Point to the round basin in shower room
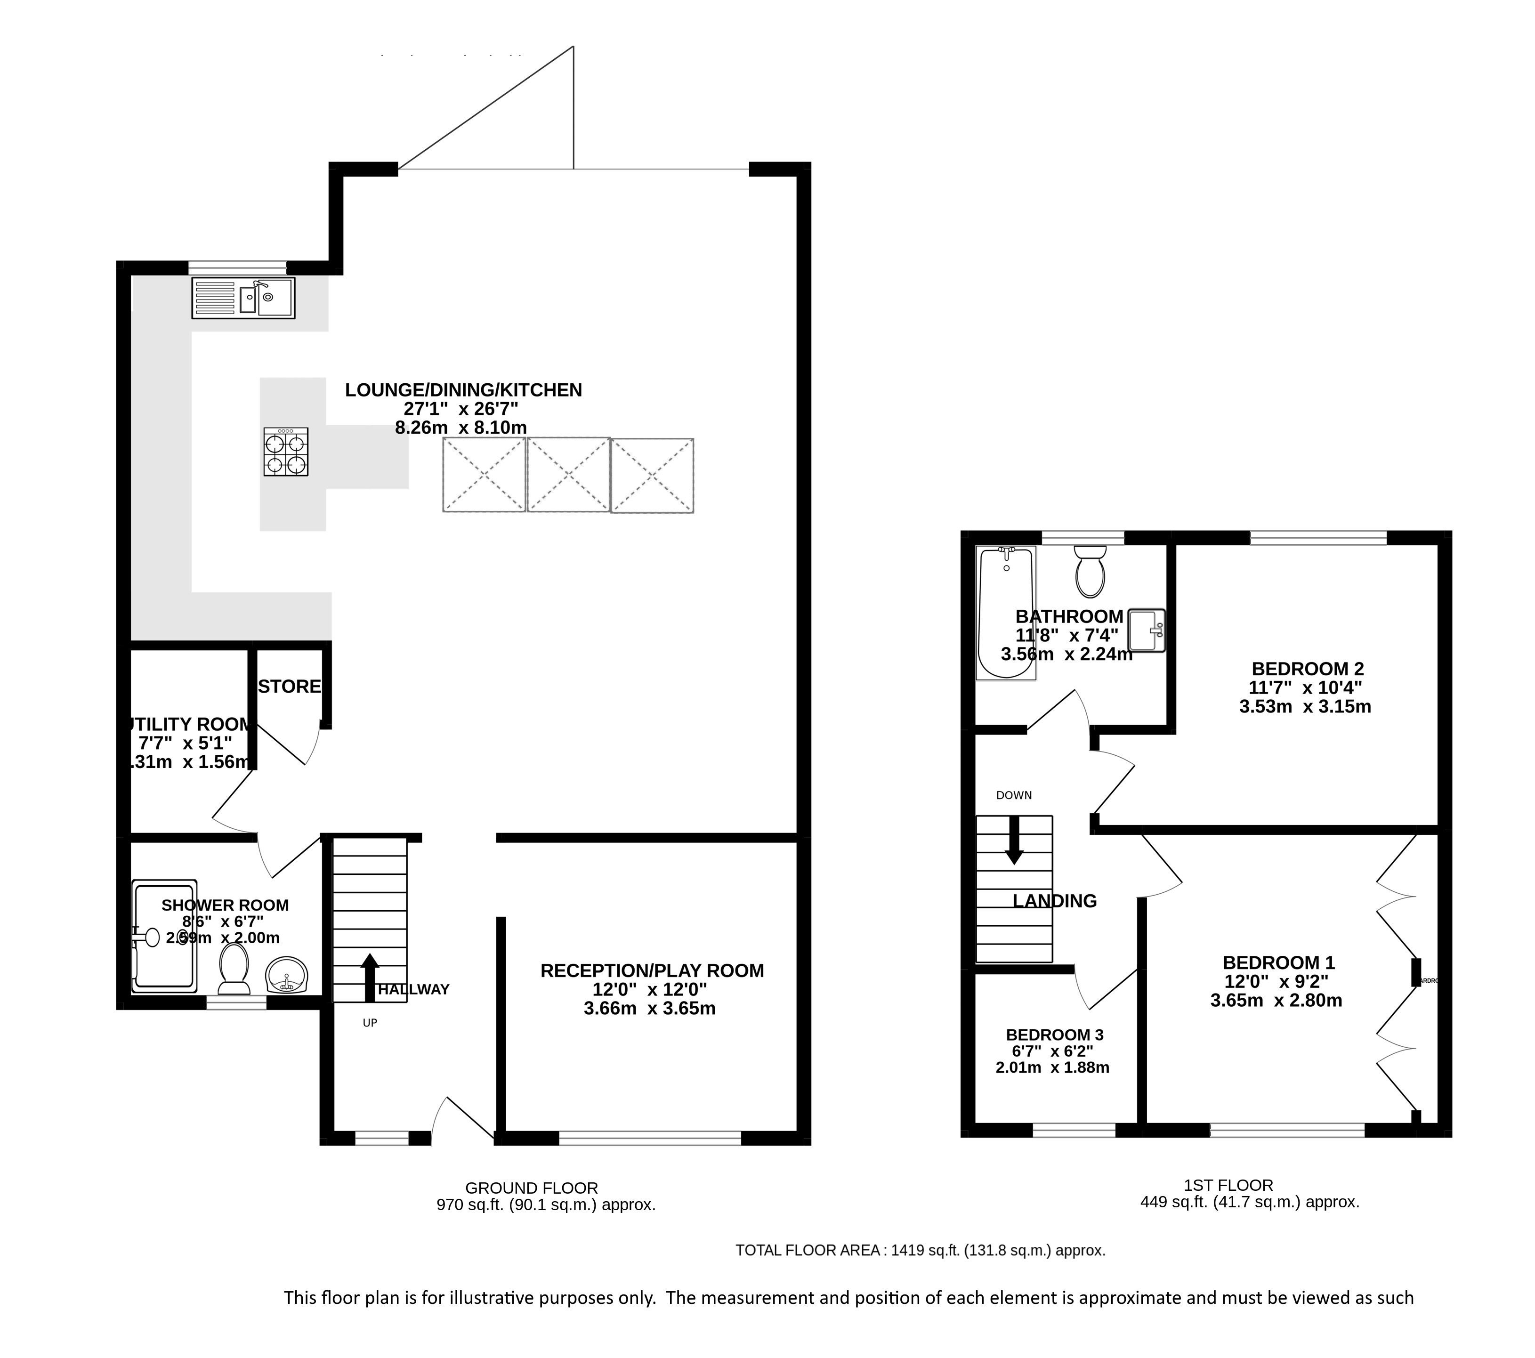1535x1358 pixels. click(286, 975)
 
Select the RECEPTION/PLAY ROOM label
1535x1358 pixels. click(652, 970)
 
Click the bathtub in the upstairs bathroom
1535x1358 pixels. click(1006, 612)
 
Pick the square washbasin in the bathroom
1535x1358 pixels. click(1146, 630)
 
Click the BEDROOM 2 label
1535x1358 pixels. click(1307, 669)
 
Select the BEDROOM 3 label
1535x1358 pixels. click(1054, 1035)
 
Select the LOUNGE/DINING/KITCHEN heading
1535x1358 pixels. click(463, 390)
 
